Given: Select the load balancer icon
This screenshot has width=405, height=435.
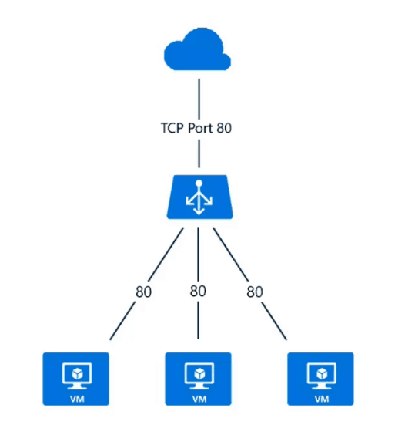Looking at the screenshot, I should point(199,197).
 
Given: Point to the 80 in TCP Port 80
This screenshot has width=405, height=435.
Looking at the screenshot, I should point(225,129).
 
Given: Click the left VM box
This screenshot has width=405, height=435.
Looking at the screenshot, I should point(76,379).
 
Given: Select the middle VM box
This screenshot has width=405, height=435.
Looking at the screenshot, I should point(199,379).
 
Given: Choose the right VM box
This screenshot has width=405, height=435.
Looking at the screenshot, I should point(320,379).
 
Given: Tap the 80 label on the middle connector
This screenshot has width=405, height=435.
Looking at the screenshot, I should point(198,292).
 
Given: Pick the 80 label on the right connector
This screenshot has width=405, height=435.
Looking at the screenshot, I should point(254,292).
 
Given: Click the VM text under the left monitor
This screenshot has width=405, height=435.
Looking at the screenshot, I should point(76,398).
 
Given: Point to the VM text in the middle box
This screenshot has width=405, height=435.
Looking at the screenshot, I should point(199,398).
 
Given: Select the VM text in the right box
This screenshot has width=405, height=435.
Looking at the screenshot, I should point(320,398).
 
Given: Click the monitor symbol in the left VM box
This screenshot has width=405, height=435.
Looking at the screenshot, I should point(76,374).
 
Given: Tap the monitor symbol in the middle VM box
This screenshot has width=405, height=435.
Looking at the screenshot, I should point(199,374).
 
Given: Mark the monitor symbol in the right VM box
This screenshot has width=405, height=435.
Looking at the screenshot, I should point(320,374).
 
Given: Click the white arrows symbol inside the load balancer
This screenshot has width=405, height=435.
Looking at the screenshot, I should point(199,197).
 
